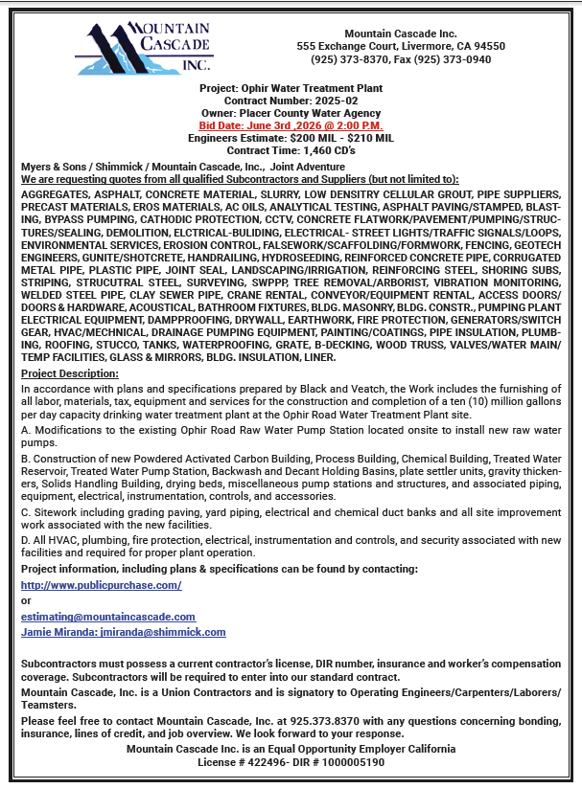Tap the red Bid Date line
(x=291, y=124)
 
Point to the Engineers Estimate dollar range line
(x=291, y=137)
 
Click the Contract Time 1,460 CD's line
(x=291, y=149)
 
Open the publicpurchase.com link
(x=101, y=584)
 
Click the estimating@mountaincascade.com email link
(x=108, y=617)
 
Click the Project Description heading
(x=69, y=372)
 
